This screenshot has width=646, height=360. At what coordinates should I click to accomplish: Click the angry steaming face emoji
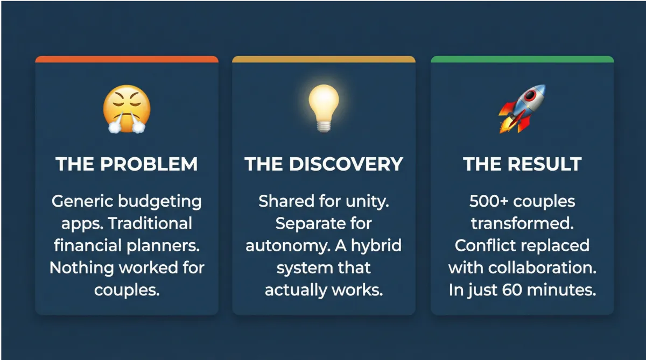(127, 109)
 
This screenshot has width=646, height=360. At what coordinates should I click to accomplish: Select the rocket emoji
(522, 109)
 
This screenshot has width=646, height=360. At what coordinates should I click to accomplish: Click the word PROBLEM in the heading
(149, 164)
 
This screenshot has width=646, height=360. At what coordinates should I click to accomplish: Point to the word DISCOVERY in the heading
(346, 164)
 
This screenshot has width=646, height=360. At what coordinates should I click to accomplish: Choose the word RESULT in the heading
(544, 164)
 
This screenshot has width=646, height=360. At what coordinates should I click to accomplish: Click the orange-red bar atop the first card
(127, 59)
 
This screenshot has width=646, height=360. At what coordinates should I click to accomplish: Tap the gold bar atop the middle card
(324, 59)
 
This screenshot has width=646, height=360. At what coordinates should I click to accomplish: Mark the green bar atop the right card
(522, 59)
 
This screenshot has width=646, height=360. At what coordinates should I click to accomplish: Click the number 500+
(489, 201)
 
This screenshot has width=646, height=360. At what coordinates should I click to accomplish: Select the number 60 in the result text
(512, 290)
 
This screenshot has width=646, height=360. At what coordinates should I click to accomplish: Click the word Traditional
(150, 223)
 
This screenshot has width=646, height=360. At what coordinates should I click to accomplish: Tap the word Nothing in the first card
(82, 269)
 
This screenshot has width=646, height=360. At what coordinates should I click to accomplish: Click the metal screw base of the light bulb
(324, 127)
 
